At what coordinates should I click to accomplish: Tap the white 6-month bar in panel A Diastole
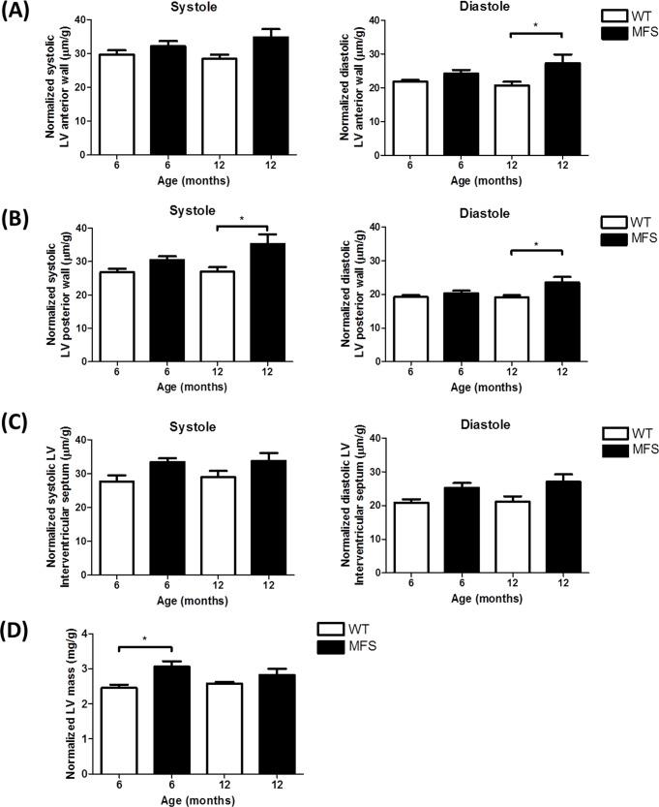tap(412, 117)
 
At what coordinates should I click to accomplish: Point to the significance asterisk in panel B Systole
tap(242, 220)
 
